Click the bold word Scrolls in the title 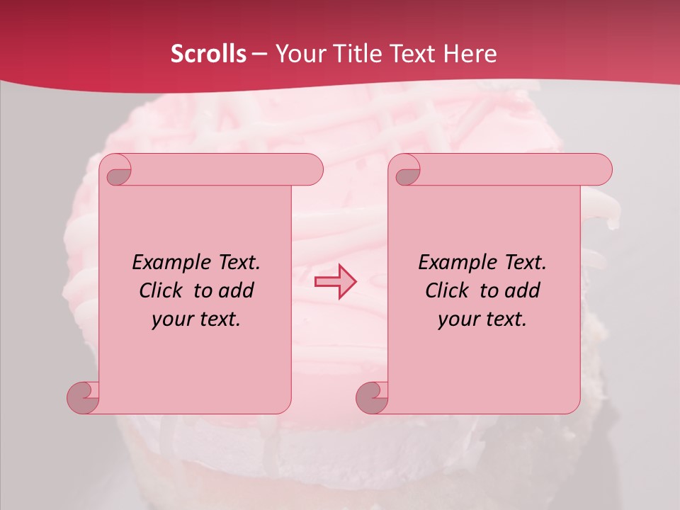(208, 54)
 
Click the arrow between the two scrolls (335, 281)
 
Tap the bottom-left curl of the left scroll (83, 396)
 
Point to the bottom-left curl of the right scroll (372, 396)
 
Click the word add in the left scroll (236, 290)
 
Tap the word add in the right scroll (522, 290)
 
